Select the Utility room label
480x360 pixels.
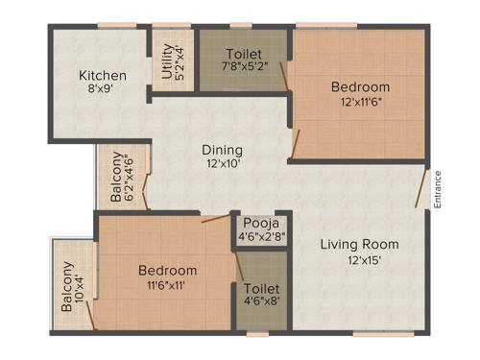pyautogui.click(x=168, y=61)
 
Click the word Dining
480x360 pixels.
pyautogui.click(x=221, y=150)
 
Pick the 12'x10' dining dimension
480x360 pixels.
pyautogui.click(x=221, y=164)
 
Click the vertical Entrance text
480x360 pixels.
pyautogui.click(x=438, y=188)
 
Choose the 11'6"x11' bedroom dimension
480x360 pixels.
pyautogui.click(x=167, y=286)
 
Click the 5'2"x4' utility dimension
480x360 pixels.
pyautogui.click(x=180, y=61)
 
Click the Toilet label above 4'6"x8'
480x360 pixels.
pyautogui.click(x=262, y=288)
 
